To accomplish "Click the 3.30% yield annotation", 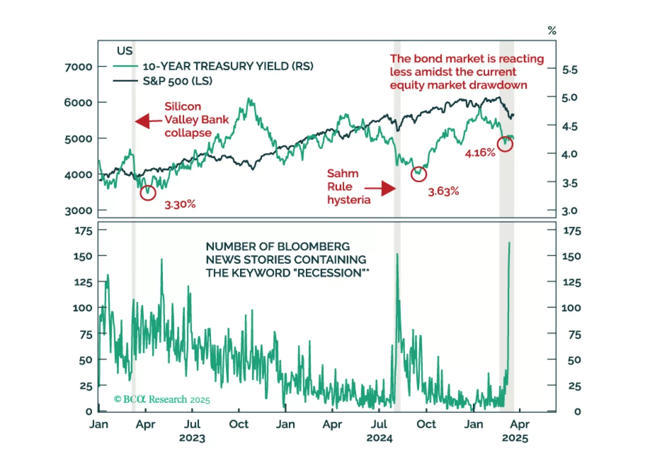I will [180, 204].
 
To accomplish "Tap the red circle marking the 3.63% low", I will [419, 174].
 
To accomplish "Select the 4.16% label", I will [480, 153].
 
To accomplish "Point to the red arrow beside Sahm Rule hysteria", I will [380, 188].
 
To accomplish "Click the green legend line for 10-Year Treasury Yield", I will [125, 66].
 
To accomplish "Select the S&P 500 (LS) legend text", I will [177, 81].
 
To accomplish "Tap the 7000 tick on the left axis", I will [78, 67].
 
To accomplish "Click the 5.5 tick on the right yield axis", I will [570, 70].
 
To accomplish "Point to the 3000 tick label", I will [78, 211].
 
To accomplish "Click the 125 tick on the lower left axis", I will [83, 282].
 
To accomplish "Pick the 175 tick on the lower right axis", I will [572, 231].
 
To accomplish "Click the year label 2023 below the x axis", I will [192, 438].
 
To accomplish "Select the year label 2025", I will [515, 438].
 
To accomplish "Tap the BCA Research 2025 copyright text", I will [162, 399].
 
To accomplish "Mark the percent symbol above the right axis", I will [552, 31].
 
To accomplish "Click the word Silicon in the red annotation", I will [183, 106].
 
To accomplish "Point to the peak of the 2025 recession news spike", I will [509, 243].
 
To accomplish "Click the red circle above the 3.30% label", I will [148, 193].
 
